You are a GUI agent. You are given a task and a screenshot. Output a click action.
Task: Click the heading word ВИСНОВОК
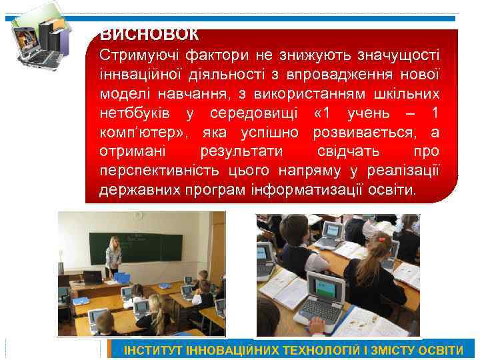pyautogui.click(x=149, y=35)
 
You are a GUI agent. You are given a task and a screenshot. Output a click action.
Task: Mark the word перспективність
pyautogui.click(x=157, y=171)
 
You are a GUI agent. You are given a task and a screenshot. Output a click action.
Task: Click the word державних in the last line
pyautogui.click(x=138, y=191)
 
